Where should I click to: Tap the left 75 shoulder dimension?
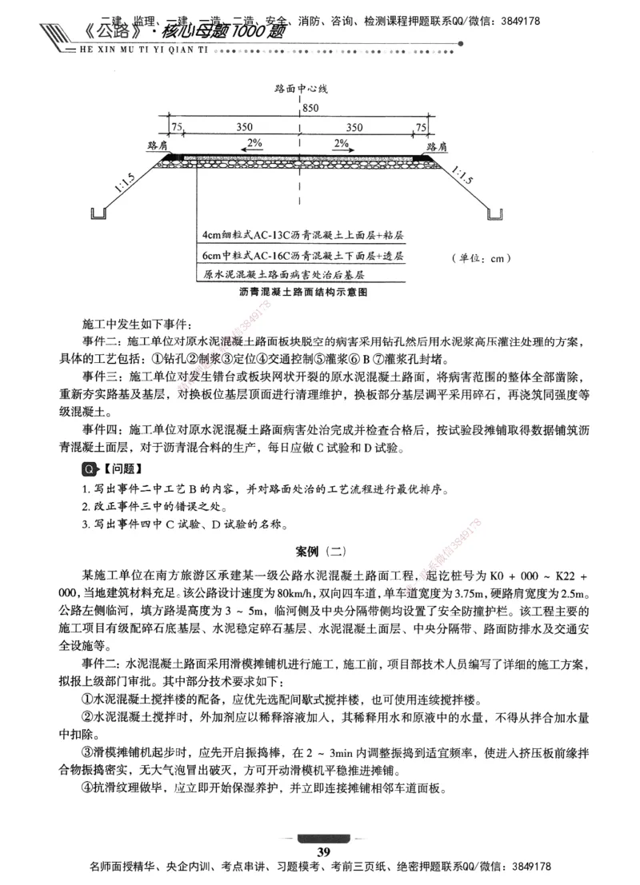(x=176, y=126)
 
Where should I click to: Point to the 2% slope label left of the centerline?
(x=254, y=143)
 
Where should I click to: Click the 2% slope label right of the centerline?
(x=341, y=143)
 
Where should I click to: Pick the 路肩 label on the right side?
(x=437, y=147)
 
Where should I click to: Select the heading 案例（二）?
(x=319, y=551)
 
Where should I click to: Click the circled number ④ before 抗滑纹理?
(x=87, y=786)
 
